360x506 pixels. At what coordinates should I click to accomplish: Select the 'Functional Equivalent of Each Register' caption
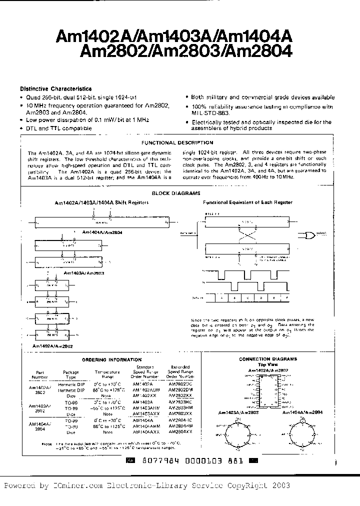pyautogui.click(x=247, y=202)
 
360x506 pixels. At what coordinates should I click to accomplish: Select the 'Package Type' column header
pyautogui.click(x=71, y=374)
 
